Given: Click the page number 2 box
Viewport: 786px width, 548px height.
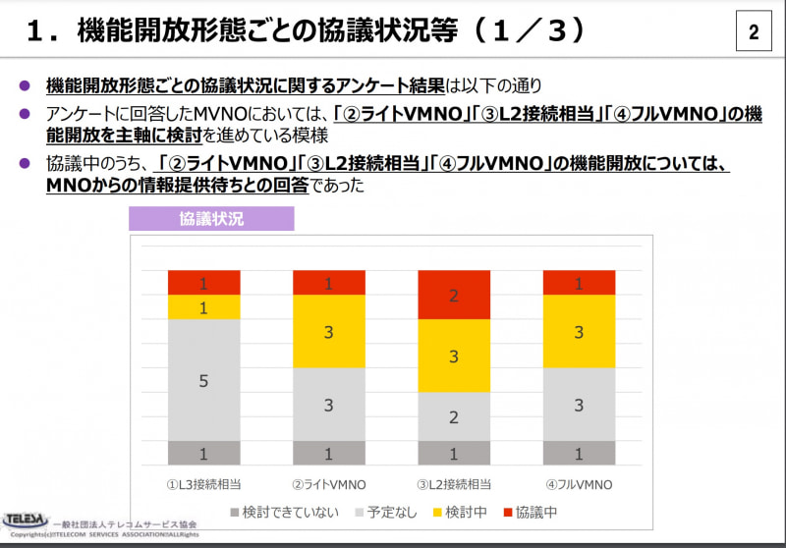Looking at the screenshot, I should click(x=754, y=32).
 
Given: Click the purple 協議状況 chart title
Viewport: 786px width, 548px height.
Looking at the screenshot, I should click(x=211, y=219).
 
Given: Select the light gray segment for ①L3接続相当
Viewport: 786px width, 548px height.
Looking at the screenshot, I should click(x=203, y=380).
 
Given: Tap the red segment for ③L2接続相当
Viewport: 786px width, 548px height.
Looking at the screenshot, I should click(x=454, y=295).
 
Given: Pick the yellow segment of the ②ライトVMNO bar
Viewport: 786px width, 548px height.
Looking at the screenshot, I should click(x=329, y=332).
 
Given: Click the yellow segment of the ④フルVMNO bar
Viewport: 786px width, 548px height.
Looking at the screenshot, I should click(x=579, y=332).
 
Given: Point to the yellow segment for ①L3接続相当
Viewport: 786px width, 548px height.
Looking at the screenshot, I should click(x=203, y=307).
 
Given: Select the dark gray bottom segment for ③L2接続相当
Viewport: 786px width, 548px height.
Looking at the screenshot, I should click(x=454, y=453).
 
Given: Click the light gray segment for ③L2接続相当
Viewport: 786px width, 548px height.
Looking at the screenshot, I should click(x=454, y=416).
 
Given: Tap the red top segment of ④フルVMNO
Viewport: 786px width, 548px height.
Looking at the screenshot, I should click(x=579, y=283).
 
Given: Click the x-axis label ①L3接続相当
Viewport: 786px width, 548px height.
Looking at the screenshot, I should click(x=203, y=485).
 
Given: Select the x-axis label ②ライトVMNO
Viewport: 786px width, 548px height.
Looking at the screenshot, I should click(x=329, y=485).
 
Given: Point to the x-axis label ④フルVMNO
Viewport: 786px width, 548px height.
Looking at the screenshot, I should click(x=579, y=485).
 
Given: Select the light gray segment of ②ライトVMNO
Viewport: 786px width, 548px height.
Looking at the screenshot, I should click(x=329, y=405).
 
